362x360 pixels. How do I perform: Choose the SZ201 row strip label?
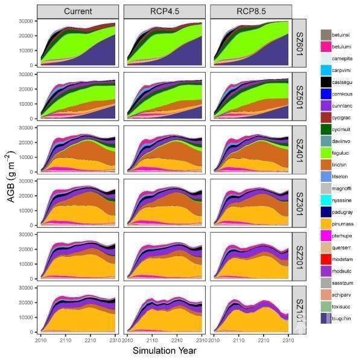(x=300, y=254)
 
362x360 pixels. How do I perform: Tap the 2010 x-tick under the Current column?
(x=41, y=339)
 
